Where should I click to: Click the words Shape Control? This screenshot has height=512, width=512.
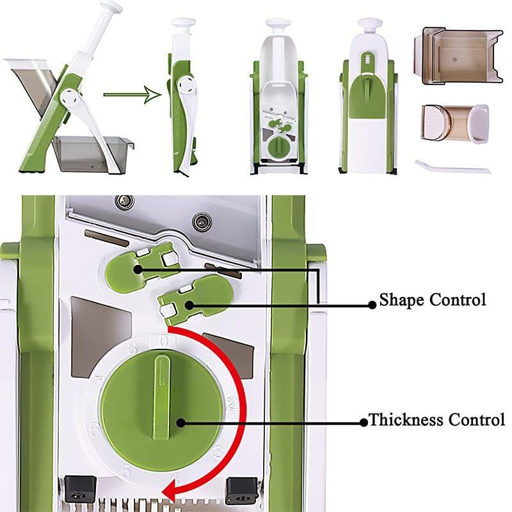(433, 300)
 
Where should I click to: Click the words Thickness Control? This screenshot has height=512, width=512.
(437, 420)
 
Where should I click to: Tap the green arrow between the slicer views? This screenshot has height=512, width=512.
(131, 96)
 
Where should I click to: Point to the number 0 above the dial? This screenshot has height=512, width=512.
(164, 342)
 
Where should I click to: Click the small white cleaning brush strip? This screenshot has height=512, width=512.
(452, 167)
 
